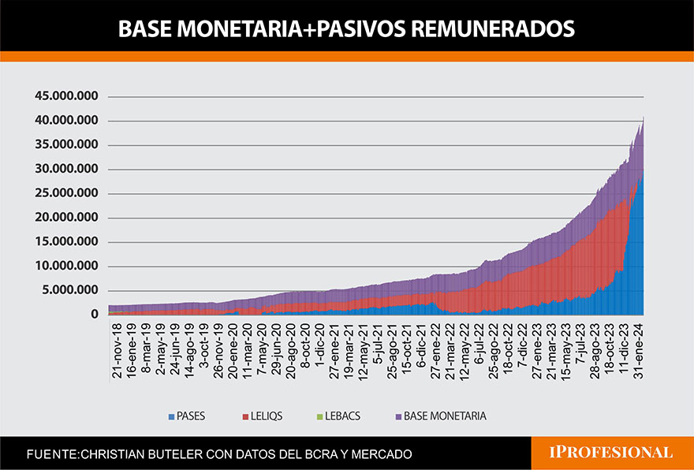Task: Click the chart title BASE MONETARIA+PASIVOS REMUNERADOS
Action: click(x=346, y=29)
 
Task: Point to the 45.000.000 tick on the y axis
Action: click(x=66, y=96)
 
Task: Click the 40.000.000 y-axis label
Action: click(x=66, y=121)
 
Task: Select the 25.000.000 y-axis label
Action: click(x=66, y=193)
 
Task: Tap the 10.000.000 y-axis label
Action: click(x=66, y=267)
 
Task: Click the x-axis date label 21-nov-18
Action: click(x=117, y=351)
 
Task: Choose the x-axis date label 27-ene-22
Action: click(x=435, y=351)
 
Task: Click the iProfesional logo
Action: click(x=611, y=453)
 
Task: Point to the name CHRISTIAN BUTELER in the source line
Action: click(x=143, y=455)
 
